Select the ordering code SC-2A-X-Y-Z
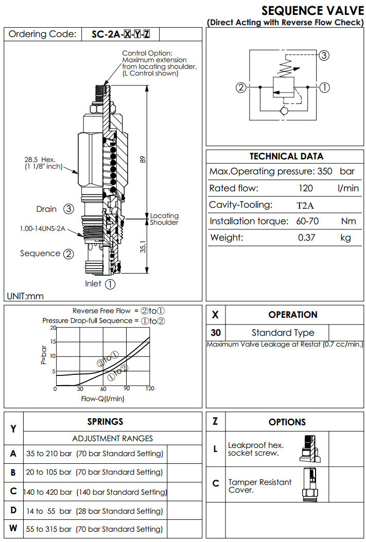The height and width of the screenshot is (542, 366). [x=121, y=34]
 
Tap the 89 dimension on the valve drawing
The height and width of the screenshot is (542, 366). [x=144, y=159]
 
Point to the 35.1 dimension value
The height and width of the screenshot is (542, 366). [x=144, y=247]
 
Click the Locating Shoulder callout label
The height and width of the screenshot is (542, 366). [x=164, y=219]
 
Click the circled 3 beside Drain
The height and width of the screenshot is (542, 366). [x=68, y=209]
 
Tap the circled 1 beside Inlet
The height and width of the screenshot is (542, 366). [x=110, y=283]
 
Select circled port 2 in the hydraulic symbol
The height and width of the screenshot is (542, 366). [x=240, y=87]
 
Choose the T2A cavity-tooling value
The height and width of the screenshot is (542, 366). [x=305, y=206]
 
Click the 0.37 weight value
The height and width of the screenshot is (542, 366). [x=306, y=238]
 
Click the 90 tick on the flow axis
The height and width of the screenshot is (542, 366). [x=127, y=389]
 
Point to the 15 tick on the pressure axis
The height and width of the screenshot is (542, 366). [x=53, y=341]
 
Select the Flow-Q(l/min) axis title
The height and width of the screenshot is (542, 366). [x=102, y=398]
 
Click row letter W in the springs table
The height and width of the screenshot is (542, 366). [x=13, y=528]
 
